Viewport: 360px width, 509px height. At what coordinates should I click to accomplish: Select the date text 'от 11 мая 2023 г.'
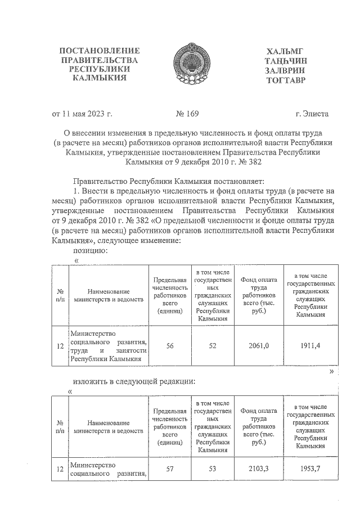tap(82, 114)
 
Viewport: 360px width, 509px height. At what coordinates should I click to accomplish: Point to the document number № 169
tap(187, 114)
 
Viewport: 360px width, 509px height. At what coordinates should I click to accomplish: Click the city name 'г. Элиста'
tap(312, 114)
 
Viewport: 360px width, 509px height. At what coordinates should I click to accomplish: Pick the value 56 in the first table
tap(169, 346)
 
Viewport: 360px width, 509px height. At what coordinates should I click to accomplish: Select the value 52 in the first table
tap(212, 346)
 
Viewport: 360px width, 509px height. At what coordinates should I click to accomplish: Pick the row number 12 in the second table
tap(60, 470)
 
